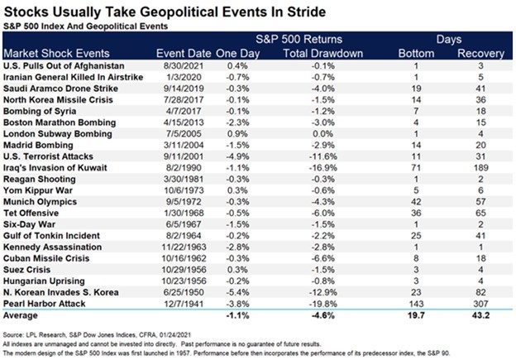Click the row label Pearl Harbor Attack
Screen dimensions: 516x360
(x=45, y=304)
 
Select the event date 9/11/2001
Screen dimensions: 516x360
(x=184, y=156)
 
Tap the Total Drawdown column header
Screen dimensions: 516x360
(x=322, y=53)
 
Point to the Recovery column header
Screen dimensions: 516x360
(x=480, y=53)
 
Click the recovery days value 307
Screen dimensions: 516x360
(x=480, y=304)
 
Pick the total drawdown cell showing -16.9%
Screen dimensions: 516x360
(x=322, y=168)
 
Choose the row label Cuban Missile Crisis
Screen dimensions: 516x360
(x=46, y=258)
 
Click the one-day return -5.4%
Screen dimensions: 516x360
(x=237, y=292)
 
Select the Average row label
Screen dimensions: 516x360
(x=21, y=315)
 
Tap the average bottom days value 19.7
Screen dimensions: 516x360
(x=416, y=315)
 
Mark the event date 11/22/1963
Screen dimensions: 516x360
(x=184, y=247)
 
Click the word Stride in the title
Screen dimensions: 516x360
(x=306, y=12)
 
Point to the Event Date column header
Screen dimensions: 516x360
(x=184, y=53)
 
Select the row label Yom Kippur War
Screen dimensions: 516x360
(x=38, y=190)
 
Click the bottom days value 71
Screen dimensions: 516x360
(x=416, y=168)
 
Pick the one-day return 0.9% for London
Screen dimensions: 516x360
(x=237, y=134)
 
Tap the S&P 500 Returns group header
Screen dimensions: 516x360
(x=299, y=39)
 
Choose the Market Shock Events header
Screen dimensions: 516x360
(x=56, y=53)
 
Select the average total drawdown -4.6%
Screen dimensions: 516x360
(x=322, y=315)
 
